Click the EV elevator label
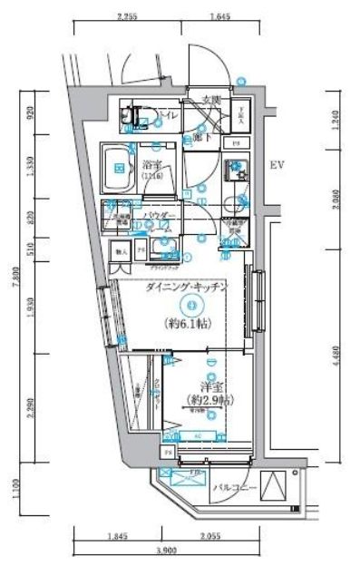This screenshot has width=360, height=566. point(278,166)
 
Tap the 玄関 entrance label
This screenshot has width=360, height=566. point(210,100)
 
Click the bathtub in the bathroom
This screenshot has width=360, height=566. point(118,164)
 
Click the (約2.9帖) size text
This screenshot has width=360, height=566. point(208,400)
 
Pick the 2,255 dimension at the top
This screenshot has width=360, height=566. point(128,16)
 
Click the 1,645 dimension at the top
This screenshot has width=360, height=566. point(219,16)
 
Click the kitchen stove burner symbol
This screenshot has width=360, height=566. point(235,167)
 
